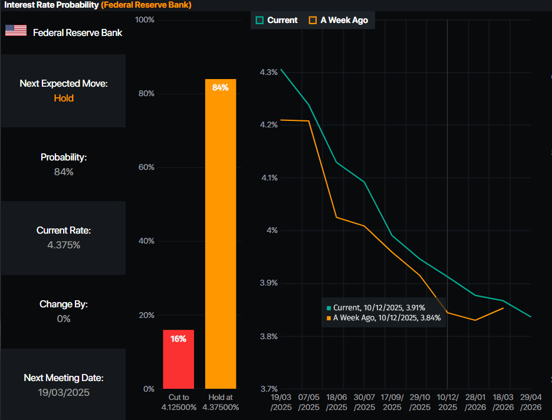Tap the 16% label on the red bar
pyautogui.click(x=178, y=339)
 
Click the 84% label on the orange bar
pyautogui.click(x=221, y=87)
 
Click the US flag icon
pyautogui.click(x=16, y=31)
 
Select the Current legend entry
pyautogui.click(x=277, y=20)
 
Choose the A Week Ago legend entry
pyautogui.click(x=338, y=20)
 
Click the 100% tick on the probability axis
pyautogui.click(x=145, y=20)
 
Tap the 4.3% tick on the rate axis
pyautogui.click(x=268, y=73)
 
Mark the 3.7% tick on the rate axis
pyautogui.click(x=268, y=389)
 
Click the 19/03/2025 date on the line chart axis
pyautogui.click(x=281, y=403)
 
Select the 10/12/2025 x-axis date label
pyautogui.click(x=447, y=403)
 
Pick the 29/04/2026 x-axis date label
pyautogui.click(x=530, y=403)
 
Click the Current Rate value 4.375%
pyautogui.click(x=64, y=245)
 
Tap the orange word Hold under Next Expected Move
pyautogui.click(x=64, y=98)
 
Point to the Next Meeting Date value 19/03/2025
pyautogui.click(x=64, y=392)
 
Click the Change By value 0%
pyautogui.click(x=64, y=319)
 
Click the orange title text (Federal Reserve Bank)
pyautogui.click(x=146, y=5)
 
